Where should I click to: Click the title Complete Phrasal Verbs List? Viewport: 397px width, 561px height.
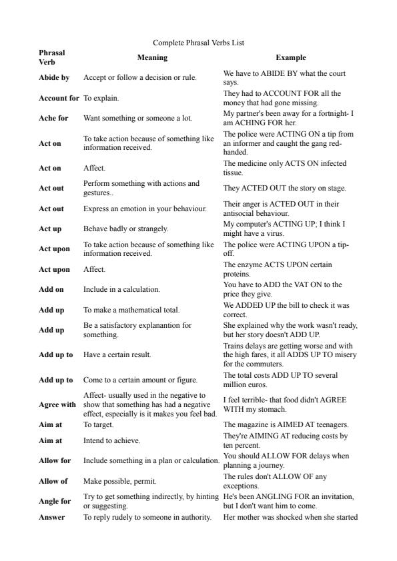[x=198, y=43]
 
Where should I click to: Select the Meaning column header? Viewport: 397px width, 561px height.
[x=152, y=57]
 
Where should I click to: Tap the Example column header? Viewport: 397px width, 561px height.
[x=291, y=57]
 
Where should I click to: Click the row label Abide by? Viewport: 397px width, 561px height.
[x=54, y=78]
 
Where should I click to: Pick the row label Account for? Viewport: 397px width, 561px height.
[x=59, y=99]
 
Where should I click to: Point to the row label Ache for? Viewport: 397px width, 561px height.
[x=54, y=119]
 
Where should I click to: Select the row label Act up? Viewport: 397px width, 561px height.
[x=50, y=229]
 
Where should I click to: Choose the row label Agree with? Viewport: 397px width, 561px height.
[x=57, y=404]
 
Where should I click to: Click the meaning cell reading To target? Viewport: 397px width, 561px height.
[x=98, y=424]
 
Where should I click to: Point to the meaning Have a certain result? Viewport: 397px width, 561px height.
[x=117, y=354]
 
